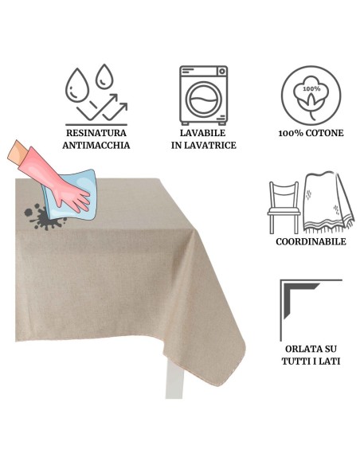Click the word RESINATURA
point(96,133)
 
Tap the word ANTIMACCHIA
point(96,145)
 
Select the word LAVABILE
point(203,133)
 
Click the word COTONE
point(324,133)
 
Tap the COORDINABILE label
point(311,242)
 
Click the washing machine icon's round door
point(203,100)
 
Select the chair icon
point(284,207)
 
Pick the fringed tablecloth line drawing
point(329,203)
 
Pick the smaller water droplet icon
point(104,76)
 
